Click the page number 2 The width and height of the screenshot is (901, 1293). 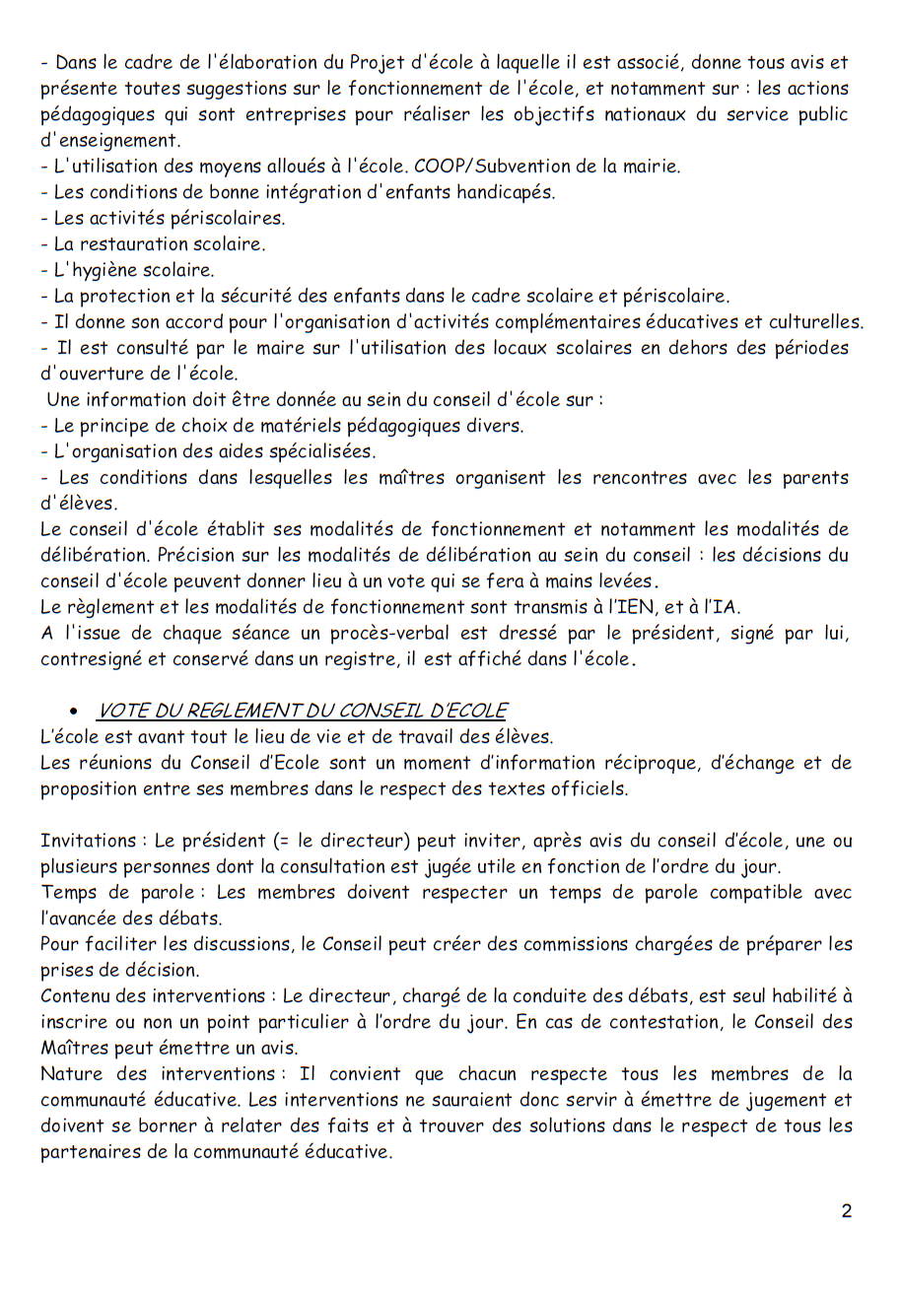pyautogui.click(x=846, y=1211)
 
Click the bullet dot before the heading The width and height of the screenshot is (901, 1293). pyautogui.click(x=73, y=712)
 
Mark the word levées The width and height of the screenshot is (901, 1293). pyautogui.click(x=627, y=580)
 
